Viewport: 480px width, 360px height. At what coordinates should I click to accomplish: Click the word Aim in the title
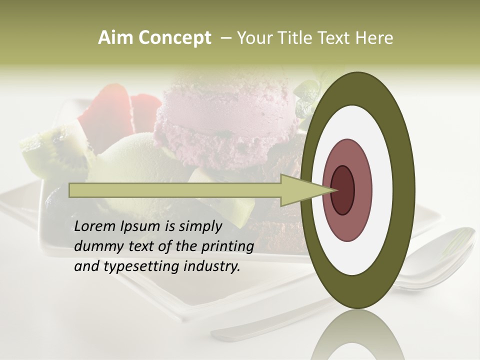(x=115, y=38)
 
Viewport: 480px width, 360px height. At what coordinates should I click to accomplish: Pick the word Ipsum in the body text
(x=141, y=227)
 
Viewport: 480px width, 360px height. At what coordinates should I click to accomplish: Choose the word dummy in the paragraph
(x=95, y=246)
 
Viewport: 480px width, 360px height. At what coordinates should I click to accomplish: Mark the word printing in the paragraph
(x=227, y=247)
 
